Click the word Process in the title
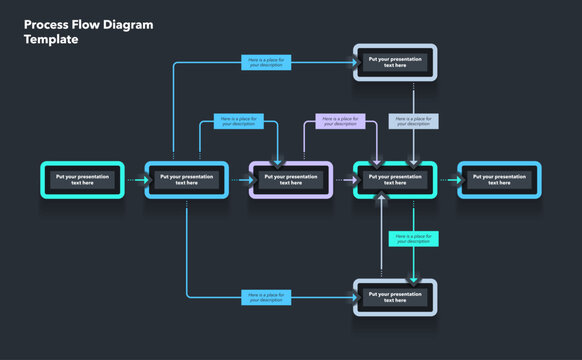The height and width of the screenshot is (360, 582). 45,25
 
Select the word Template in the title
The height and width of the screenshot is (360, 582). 51,40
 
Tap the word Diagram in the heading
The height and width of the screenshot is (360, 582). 128,25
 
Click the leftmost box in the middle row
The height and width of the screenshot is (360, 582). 82,180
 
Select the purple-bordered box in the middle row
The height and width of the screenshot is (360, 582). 291,180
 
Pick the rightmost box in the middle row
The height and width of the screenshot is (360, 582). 499,180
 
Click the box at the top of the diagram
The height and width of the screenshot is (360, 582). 395,62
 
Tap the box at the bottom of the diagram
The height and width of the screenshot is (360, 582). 395,297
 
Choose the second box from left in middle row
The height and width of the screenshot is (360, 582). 186,180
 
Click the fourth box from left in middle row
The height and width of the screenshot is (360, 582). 395,180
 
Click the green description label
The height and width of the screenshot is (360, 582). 414,238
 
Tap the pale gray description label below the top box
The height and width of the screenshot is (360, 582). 414,121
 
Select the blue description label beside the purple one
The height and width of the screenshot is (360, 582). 238,121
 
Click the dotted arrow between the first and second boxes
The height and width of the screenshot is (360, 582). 134,180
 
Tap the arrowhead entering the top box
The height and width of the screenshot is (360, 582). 352,62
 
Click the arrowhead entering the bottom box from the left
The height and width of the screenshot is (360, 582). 352,297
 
